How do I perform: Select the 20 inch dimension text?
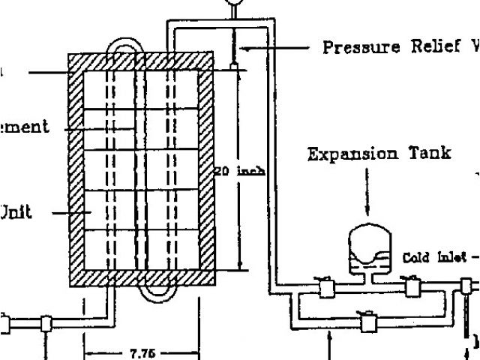coord(239,171)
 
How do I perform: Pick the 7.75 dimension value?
coord(142,353)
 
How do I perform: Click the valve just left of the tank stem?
coord(326,287)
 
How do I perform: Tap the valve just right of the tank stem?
coord(412,286)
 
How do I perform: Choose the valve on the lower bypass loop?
coord(369,323)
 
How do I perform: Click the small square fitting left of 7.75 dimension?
coord(47,323)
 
